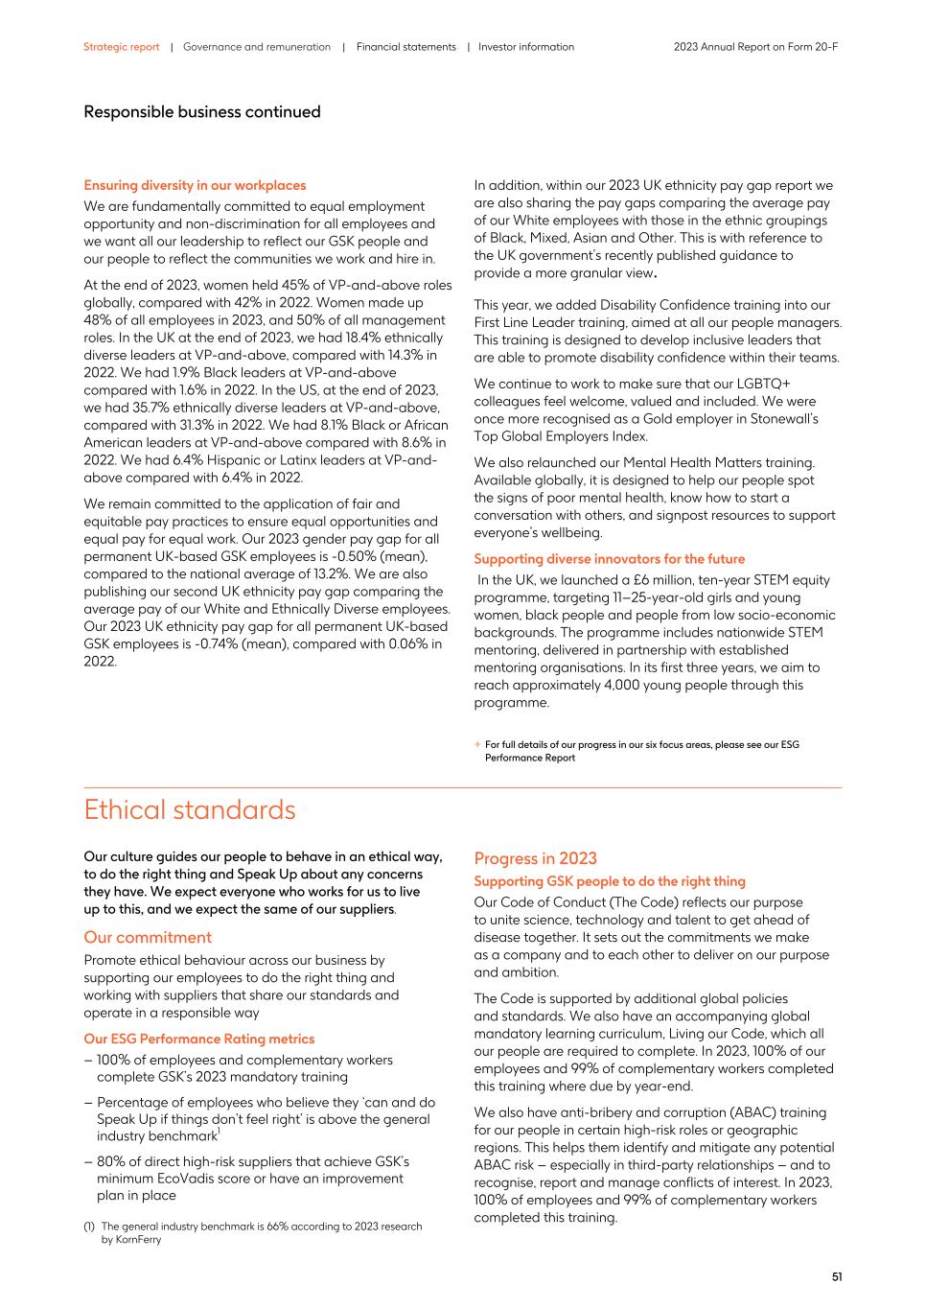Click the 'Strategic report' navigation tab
click(x=121, y=47)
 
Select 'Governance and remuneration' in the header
click(x=256, y=47)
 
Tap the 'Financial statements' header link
click(x=405, y=47)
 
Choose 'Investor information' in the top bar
click(x=526, y=47)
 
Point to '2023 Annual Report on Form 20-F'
click(x=755, y=47)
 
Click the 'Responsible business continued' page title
click(x=201, y=112)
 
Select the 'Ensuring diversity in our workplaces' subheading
click(x=195, y=185)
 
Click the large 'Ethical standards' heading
click(x=189, y=809)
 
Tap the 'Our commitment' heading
click(x=148, y=937)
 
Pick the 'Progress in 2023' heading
click(x=535, y=858)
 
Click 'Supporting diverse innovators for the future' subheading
click(x=609, y=559)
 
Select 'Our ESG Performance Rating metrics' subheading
click(x=198, y=1039)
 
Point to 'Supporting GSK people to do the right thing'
click(x=609, y=881)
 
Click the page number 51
click(x=836, y=1276)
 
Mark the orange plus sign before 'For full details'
click(x=477, y=744)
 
